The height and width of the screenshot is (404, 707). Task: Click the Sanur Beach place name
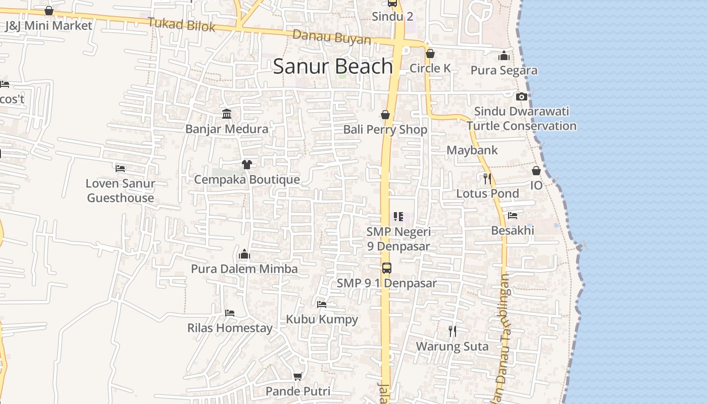333,67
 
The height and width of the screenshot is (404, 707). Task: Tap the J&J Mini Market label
48,26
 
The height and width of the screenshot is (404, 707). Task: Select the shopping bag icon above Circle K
430,54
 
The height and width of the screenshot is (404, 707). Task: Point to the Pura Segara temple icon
504,56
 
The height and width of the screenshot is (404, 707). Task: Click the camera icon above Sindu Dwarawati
522,96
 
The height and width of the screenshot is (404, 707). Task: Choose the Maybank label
472,150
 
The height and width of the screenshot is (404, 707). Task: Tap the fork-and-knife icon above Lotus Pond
487,178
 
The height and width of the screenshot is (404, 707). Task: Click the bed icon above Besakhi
513,216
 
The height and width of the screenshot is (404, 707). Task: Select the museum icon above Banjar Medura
227,114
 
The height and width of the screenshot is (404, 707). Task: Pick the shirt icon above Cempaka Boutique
246,165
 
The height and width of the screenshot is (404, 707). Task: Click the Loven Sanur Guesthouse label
120,190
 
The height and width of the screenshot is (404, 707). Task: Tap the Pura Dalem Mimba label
244,269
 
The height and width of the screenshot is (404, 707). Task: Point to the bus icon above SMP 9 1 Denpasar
386,268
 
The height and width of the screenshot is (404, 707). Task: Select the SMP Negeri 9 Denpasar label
398,239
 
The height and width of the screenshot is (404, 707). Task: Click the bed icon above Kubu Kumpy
322,305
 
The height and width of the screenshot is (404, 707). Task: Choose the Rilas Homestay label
230,328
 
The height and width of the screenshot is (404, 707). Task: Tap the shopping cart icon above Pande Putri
298,376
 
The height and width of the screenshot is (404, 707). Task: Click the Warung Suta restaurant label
452,346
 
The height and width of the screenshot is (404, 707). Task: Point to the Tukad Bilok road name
182,24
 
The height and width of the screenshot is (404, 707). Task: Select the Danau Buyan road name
332,37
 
